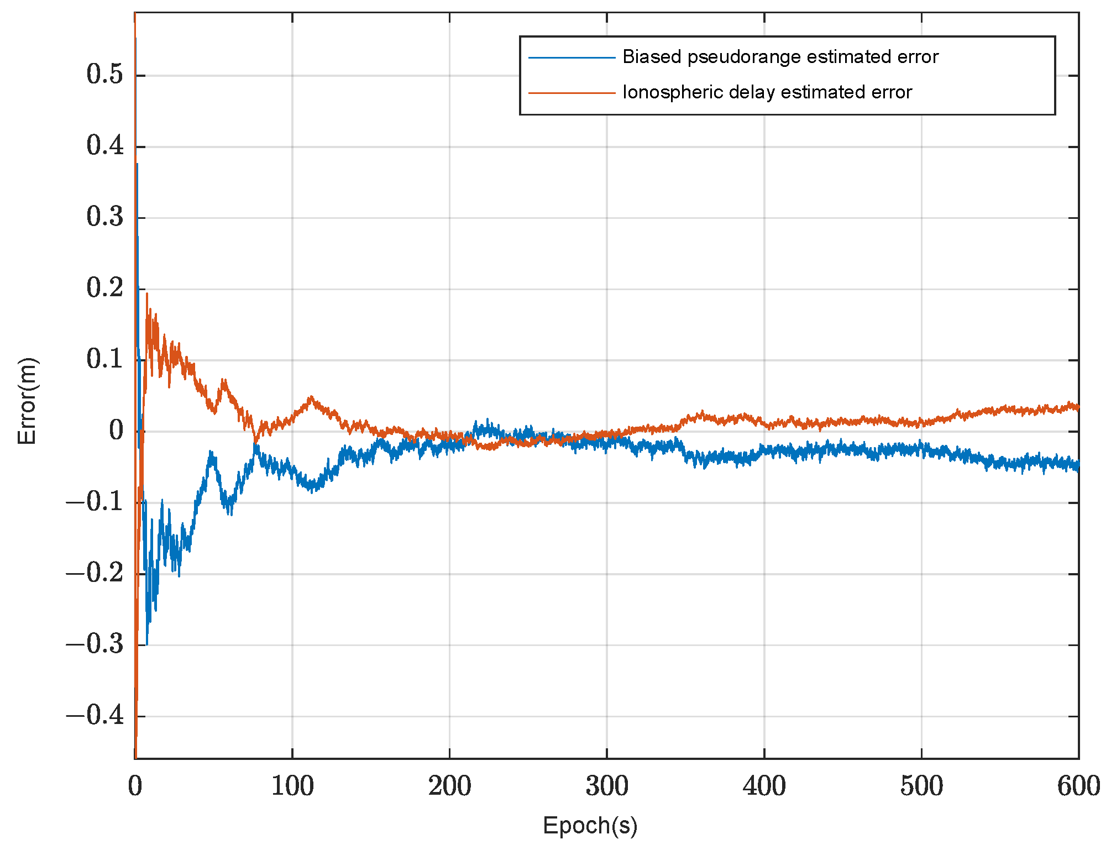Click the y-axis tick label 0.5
105,75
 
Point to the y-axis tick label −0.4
95,716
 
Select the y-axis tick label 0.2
105,288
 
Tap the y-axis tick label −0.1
95,502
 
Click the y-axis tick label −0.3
95,644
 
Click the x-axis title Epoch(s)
590,826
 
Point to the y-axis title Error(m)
27,401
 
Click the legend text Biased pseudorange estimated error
780,57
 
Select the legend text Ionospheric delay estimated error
767,92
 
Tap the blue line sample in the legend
572,57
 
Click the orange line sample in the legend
572,93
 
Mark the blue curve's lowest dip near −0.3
146,644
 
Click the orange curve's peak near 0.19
146,294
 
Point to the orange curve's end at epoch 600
1078,408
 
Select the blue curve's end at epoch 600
1078,467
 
